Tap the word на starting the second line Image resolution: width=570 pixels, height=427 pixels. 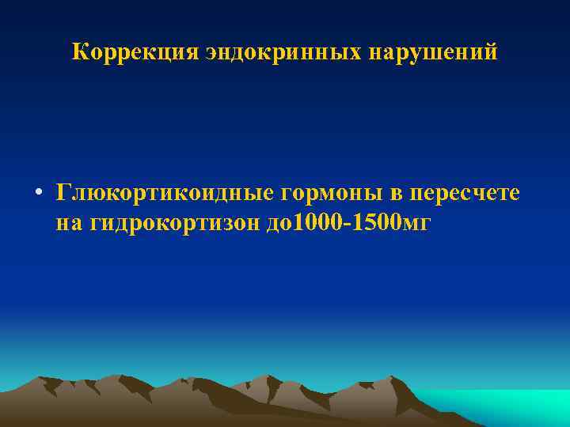67,224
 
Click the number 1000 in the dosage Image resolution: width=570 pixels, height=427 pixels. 319,223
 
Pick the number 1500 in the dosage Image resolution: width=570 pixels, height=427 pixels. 377,223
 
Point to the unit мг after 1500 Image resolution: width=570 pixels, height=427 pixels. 418,225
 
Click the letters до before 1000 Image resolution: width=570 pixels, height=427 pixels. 279,224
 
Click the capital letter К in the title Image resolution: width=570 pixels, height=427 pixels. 79,53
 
